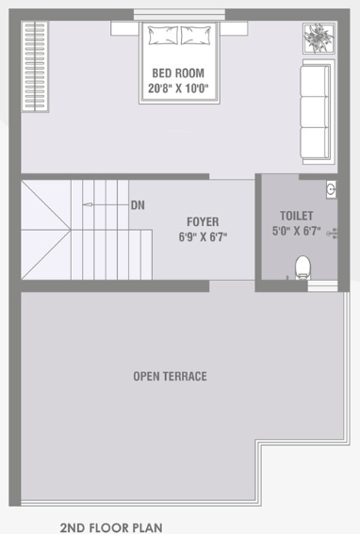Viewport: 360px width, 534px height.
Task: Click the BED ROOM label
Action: (x=178, y=73)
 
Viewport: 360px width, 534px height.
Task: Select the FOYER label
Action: (x=203, y=222)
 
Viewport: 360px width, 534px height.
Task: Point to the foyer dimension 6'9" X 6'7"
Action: (x=203, y=237)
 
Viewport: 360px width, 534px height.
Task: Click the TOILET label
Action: (x=296, y=216)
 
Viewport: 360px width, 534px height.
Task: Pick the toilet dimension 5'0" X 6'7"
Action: (x=296, y=230)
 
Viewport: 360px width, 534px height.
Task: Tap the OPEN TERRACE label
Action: (x=170, y=377)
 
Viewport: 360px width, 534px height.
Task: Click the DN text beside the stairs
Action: (x=138, y=204)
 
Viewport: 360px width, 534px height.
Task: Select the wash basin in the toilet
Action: (x=331, y=189)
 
